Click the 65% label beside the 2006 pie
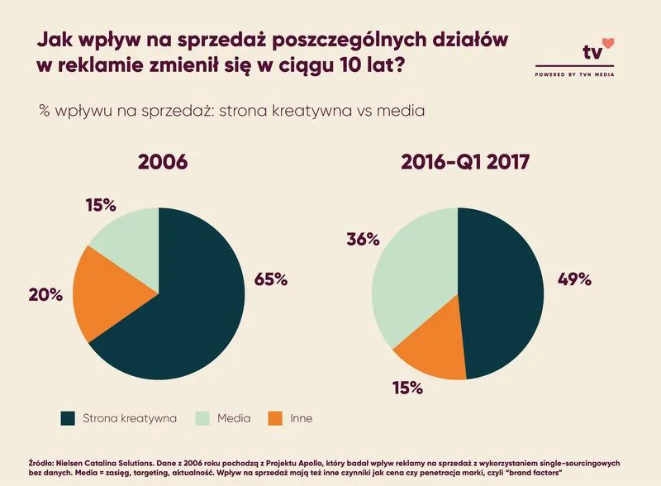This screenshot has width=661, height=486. point(269,279)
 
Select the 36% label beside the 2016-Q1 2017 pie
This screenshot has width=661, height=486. point(361,240)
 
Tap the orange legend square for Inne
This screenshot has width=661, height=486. point(274,418)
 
